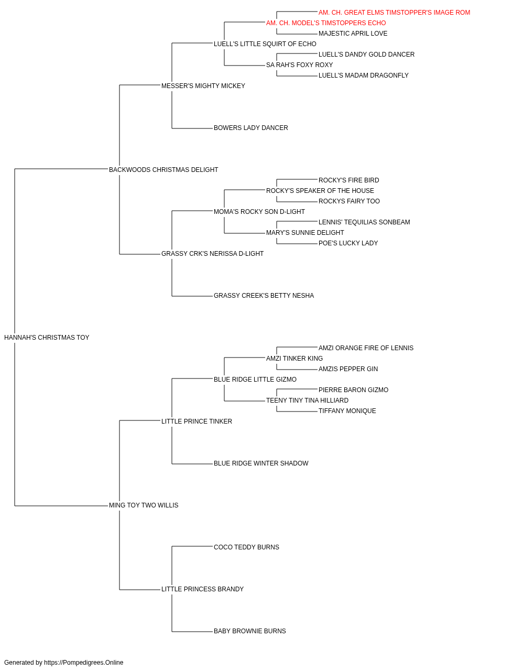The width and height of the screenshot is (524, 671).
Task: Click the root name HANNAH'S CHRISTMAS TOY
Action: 47,338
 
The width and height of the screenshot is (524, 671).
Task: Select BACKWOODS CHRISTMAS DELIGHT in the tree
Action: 163,170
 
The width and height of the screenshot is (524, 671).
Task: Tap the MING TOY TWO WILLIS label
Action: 144,505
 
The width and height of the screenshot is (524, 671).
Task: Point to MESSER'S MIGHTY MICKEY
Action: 203,86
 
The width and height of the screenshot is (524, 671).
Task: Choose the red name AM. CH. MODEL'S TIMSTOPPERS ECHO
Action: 326,23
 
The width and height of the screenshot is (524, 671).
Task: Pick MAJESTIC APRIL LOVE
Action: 353,34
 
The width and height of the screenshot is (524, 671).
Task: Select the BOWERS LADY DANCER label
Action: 250,128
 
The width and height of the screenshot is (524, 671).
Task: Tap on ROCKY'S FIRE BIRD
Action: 348,180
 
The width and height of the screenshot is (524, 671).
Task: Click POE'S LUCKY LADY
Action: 348,243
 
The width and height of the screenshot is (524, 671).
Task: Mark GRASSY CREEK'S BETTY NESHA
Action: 264,296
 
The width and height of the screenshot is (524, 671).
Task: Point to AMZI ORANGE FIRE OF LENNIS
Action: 366,348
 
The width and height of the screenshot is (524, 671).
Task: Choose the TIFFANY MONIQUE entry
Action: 347,411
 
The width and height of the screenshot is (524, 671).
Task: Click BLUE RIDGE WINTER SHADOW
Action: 261,463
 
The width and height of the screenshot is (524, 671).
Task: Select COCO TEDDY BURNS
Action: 246,547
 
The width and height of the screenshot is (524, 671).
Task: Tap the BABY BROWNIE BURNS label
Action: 249,631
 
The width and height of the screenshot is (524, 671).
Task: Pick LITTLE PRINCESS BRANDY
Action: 202,589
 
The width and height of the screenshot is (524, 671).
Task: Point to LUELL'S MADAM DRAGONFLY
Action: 364,75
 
